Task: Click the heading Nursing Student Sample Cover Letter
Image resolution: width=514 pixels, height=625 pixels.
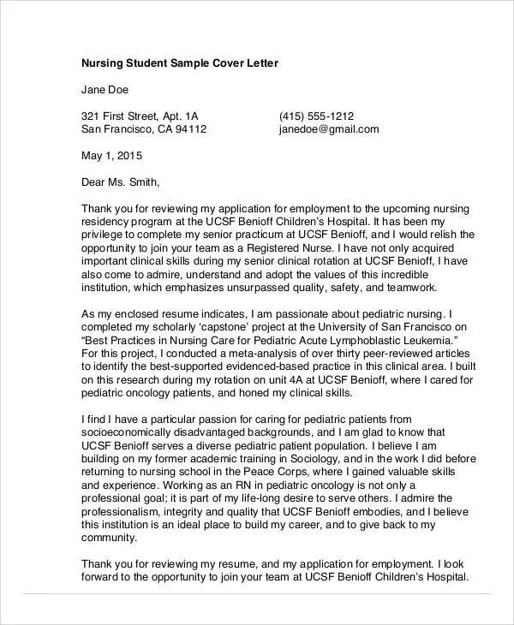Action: click(180, 63)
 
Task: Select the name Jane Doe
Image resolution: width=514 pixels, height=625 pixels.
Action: click(106, 90)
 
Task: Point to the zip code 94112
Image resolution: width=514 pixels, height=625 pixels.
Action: click(190, 130)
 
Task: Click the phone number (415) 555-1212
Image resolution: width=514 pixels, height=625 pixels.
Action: click(317, 116)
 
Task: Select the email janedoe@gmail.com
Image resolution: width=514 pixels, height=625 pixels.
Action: click(329, 130)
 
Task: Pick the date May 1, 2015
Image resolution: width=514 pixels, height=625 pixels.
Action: click(111, 156)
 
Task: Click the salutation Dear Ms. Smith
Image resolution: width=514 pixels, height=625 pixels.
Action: click(120, 182)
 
